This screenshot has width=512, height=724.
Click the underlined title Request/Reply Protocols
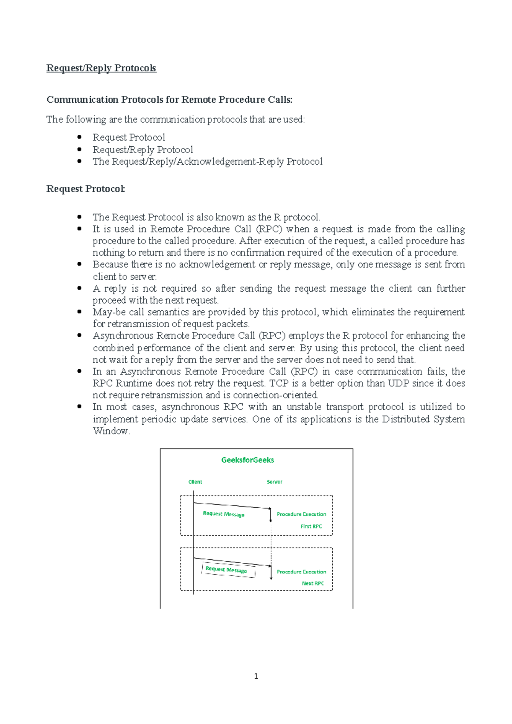point(101,68)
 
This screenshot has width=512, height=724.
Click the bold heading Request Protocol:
point(86,189)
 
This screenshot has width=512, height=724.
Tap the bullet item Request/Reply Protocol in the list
point(143,150)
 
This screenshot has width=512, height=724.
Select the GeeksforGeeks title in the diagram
point(247,460)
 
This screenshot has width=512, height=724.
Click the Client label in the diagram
point(195,482)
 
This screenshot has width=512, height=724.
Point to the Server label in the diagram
point(274,482)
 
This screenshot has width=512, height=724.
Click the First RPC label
point(311,526)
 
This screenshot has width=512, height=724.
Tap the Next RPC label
point(313,583)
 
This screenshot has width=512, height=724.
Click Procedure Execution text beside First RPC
point(301,514)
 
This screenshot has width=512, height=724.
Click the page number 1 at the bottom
point(256,676)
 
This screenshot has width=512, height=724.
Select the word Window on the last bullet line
point(111,431)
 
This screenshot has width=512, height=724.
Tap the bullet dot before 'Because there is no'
point(79,264)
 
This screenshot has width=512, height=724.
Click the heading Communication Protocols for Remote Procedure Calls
point(169,100)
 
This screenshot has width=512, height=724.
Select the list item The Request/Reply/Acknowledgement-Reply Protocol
point(207,162)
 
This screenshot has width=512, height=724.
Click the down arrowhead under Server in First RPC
point(271,520)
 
